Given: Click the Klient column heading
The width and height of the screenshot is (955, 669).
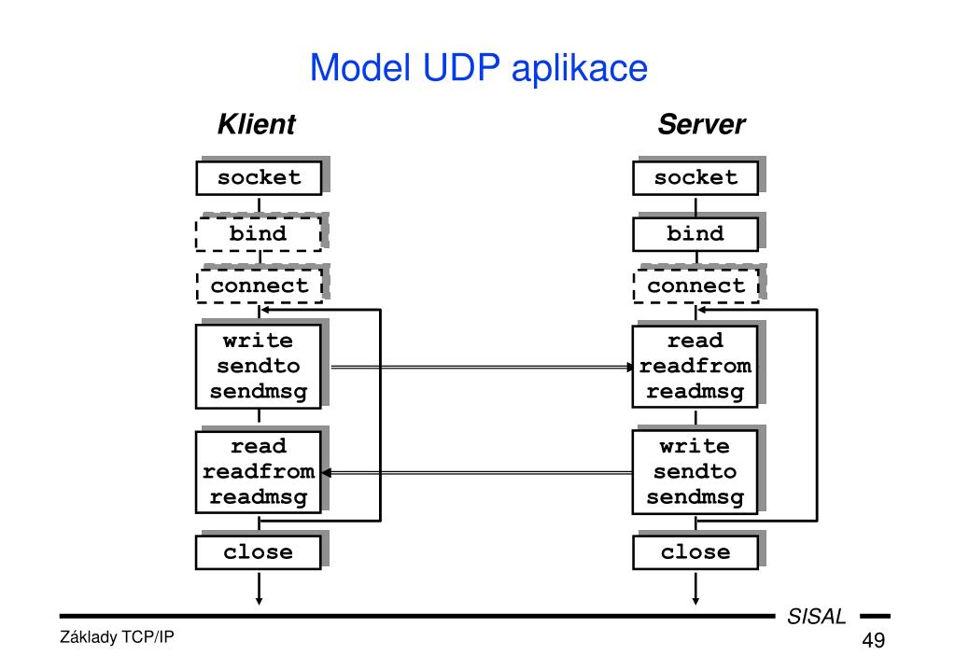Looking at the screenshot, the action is click(257, 124).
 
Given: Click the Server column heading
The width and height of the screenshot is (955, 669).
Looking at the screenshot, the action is click(701, 124).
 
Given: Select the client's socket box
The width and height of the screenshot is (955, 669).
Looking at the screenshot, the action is click(259, 178).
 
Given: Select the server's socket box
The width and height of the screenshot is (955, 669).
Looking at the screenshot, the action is click(695, 178).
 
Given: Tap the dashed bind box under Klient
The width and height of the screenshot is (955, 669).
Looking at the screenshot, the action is click(259, 234).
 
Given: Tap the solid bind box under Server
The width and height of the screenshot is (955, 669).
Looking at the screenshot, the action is click(695, 234).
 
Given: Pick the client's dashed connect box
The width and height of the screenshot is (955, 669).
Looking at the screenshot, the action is click(260, 286).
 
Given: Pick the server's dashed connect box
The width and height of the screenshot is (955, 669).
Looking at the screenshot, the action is click(696, 286).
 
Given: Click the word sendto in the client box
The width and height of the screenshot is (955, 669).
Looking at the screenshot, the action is click(259, 366).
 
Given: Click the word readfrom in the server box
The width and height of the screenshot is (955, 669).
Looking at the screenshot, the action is click(695, 366).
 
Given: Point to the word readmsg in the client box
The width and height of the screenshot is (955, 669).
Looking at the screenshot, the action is click(259, 497).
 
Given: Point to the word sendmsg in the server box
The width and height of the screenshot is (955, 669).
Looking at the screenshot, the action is click(695, 497).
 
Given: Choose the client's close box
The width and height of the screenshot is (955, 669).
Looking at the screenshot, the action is click(259, 552).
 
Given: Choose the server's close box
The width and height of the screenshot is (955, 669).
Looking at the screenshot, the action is click(695, 552).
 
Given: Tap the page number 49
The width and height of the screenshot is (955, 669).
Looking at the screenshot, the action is click(874, 640).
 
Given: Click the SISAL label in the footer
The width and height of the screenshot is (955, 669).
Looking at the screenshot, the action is click(817, 617).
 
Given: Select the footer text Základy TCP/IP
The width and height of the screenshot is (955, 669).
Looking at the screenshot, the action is click(117, 637).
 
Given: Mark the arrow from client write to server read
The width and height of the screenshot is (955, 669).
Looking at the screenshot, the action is click(482, 367).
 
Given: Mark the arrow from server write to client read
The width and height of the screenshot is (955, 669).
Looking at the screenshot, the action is click(477, 472).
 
